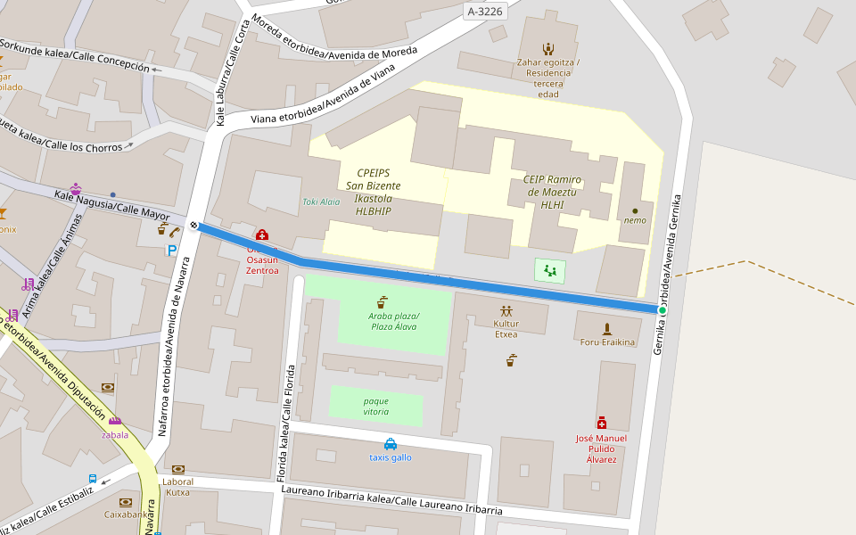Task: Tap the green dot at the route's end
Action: coord(662,309)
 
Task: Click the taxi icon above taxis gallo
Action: coord(391,444)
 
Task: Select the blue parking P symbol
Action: coord(171,251)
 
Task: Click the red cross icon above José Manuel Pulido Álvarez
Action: coord(602,423)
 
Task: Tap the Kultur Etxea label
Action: coord(506,329)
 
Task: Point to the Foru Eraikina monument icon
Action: coord(607,329)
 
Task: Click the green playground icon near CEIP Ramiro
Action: coord(550,270)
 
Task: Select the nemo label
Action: coord(635,220)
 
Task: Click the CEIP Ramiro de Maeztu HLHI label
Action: coord(552,192)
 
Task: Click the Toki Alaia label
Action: coord(321,202)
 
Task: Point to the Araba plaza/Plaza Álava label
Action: coord(393,321)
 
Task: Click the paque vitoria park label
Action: coord(375,407)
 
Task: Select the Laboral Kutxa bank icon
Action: coord(177,469)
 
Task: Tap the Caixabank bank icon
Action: coord(125,502)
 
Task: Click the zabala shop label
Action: coord(115,435)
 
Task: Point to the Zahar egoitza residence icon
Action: coord(547,49)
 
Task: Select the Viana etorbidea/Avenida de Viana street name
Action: coord(322,100)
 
